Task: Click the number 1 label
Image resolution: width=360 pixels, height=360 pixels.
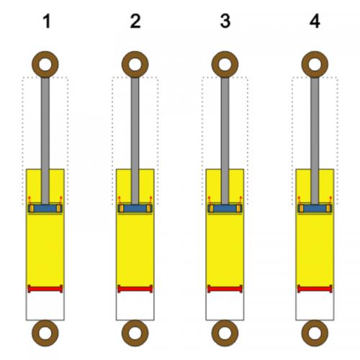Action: [47, 21]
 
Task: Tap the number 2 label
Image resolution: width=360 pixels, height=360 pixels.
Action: [135, 21]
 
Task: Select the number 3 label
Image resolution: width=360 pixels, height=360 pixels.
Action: [225, 21]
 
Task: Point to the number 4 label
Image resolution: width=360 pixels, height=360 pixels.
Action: [315, 21]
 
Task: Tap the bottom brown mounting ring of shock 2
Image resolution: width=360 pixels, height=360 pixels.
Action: [135, 325]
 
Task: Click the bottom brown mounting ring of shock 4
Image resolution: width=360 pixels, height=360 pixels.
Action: [315, 325]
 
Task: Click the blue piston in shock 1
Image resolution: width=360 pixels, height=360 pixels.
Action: [45, 208]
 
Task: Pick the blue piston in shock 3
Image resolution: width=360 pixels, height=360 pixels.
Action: [225, 208]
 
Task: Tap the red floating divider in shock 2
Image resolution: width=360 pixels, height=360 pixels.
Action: [135, 289]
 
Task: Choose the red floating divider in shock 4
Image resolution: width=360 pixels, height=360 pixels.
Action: [315, 289]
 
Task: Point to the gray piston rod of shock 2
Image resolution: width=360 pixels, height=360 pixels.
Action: [135, 140]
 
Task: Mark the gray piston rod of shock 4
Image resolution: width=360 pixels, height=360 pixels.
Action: [315, 140]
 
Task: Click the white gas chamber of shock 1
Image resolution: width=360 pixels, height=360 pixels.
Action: [45, 306]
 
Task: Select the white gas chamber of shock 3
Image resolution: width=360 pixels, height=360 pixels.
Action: [225, 306]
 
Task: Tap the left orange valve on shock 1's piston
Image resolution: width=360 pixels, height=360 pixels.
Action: [32, 209]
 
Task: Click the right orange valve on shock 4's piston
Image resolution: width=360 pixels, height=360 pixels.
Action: [328, 209]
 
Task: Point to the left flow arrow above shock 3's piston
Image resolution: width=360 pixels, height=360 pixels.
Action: [210, 201]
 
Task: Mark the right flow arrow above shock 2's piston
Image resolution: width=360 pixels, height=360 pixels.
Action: [150, 201]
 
